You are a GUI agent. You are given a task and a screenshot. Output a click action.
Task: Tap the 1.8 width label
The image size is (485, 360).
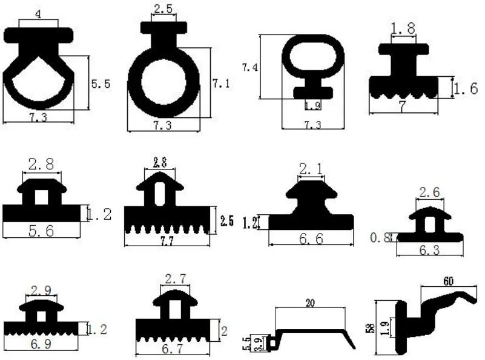(x=403, y=28)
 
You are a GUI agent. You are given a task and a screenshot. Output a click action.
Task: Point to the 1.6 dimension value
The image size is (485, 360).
(x=466, y=90)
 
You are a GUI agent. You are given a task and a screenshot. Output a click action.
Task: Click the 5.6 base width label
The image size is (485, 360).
(x=41, y=230)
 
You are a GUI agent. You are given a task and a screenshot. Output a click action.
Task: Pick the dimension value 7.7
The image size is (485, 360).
(x=165, y=240)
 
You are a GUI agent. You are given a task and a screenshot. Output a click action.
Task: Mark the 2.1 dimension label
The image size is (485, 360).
(x=311, y=169)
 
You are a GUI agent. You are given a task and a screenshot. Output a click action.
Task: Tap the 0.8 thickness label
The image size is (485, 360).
(x=380, y=237)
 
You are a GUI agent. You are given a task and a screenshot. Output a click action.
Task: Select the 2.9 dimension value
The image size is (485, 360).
(x=41, y=290)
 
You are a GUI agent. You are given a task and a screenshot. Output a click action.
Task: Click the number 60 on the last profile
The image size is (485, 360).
(x=449, y=281)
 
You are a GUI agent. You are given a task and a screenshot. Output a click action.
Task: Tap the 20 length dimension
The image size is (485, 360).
(x=311, y=303)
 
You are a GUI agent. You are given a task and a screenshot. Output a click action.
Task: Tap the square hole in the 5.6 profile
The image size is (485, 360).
(x=41, y=197)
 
